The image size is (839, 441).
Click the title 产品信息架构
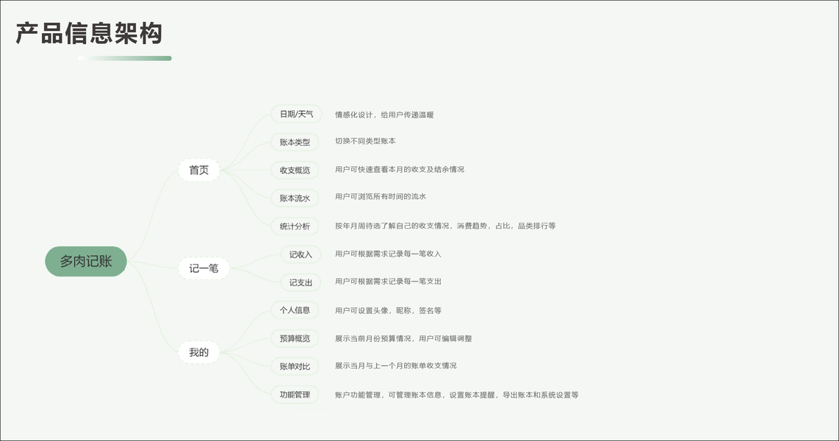[x=89, y=33]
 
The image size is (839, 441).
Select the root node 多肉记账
[x=86, y=262]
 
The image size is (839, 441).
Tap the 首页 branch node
[x=199, y=171]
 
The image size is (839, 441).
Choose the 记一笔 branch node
[x=204, y=269]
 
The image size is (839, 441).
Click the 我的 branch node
[x=199, y=353]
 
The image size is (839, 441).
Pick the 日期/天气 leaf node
[x=296, y=114]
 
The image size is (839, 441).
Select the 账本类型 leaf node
[x=295, y=142]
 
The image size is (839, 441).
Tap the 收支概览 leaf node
[x=295, y=171]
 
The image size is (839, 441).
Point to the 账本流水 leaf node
[x=295, y=198]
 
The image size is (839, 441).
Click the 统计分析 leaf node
[x=295, y=226]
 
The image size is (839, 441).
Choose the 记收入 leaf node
[x=300, y=254]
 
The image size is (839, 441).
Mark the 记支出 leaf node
[x=300, y=282]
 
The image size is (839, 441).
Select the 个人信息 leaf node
[x=295, y=310]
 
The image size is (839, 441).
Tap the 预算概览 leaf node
[x=295, y=339]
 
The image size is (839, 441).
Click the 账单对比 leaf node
[x=295, y=366]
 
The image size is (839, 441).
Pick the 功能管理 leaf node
[x=295, y=395]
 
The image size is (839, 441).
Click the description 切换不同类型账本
[x=365, y=141]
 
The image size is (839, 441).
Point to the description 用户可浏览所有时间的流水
[x=381, y=197]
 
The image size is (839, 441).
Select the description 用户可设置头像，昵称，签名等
[x=388, y=311]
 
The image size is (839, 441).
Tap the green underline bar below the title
[x=125, y=58]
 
